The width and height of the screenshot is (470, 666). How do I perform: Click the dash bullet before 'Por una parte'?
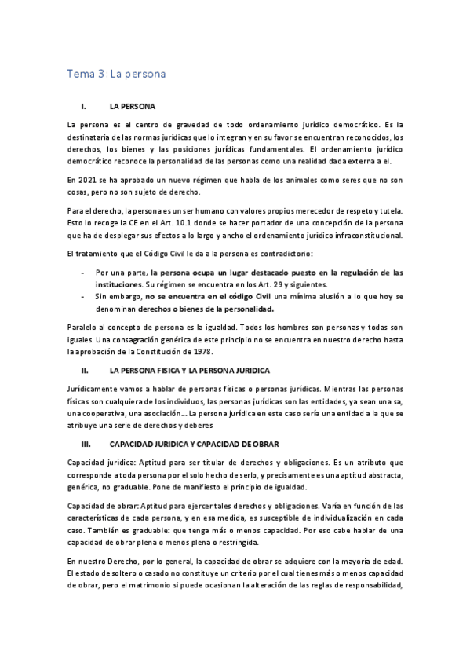pos(83,272)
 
